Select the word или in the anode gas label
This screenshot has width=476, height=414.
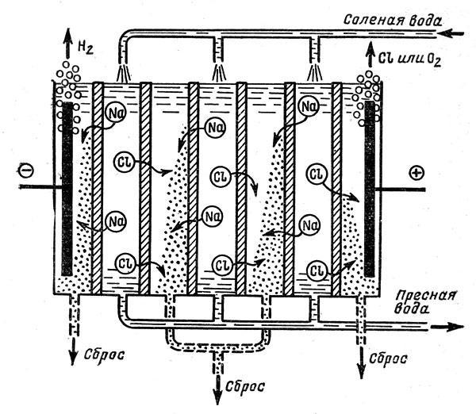(x=409, y=53)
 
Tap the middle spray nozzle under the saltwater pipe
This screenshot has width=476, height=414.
(x=217, y=73)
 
